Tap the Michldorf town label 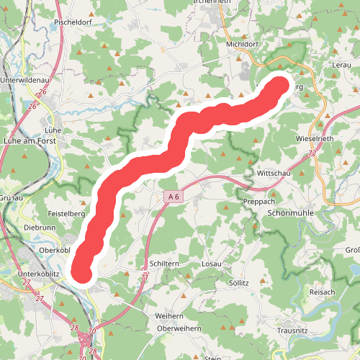(x=242, y=43)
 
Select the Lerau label (x=341, y=65)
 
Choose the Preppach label (x=258, y=201)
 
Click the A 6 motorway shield (x=171, y=196)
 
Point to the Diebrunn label (x=40, y=227)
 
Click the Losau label (x=212, y=264)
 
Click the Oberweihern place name (x=179, y=328)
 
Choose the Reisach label (x=322, y=292)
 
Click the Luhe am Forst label (x=30, y=142)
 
